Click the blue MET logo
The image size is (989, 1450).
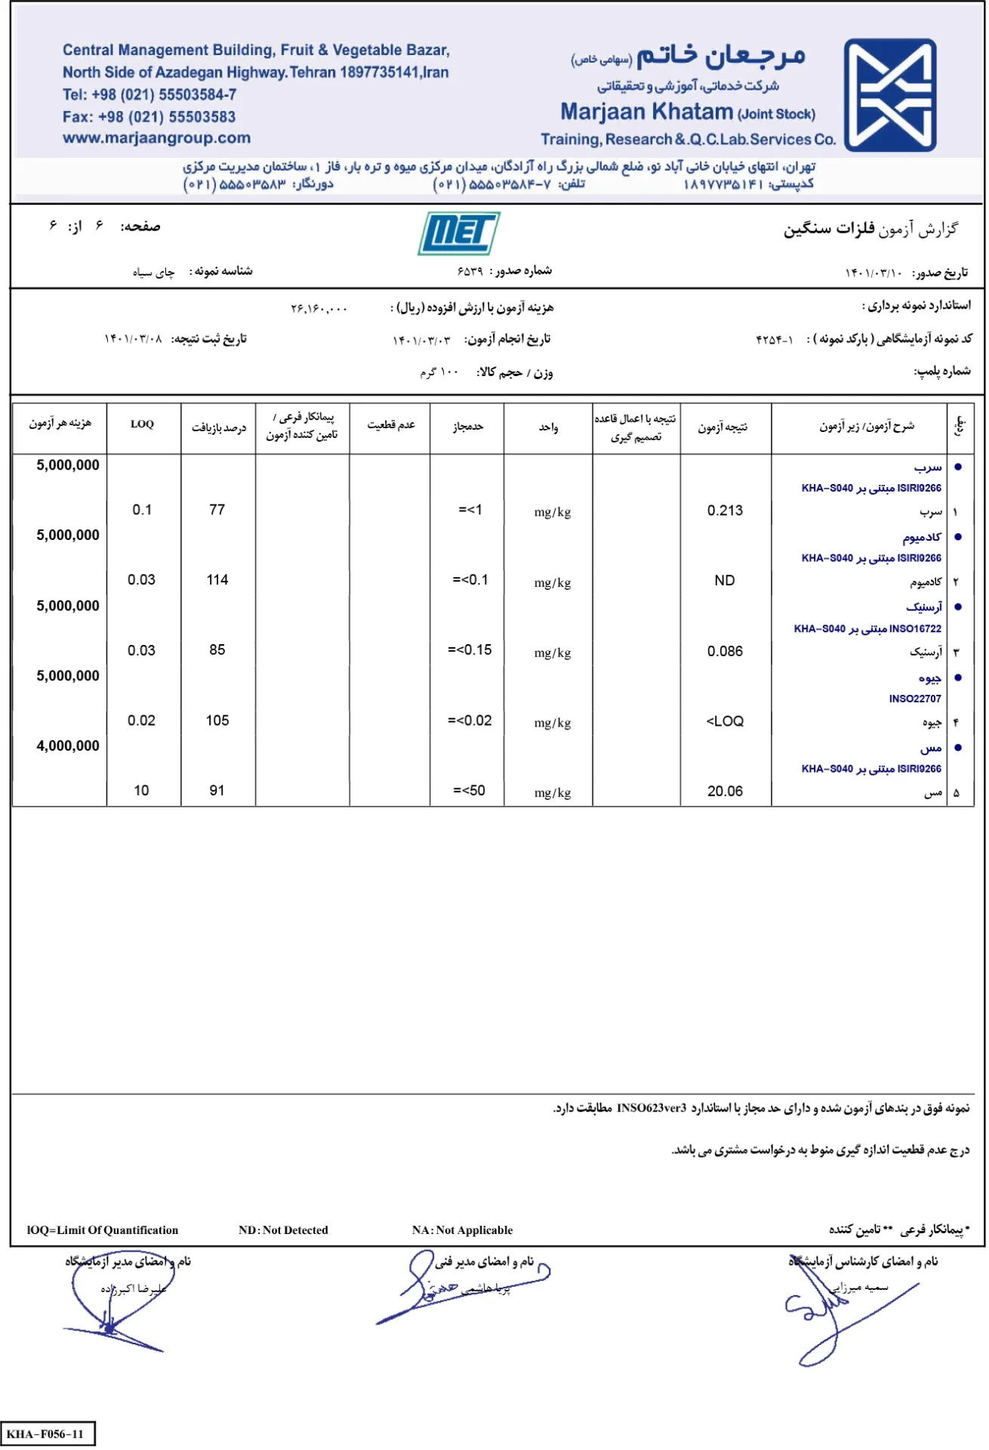click(x=458, y=233)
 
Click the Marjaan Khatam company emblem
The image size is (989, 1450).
click(x=890, y=95)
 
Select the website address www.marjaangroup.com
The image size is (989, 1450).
click(x=156, y=138)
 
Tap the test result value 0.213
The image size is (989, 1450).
click(x=725, y=511)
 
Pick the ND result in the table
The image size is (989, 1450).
click(x=724, y=581)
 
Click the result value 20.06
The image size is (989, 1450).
click(x=725, y=791)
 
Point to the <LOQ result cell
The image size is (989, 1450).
click(x=725, y=721)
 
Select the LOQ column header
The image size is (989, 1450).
click(x=142, y=424)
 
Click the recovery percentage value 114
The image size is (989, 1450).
click(x=217, y=580)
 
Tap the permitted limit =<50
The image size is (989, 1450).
click(x=469, y=791)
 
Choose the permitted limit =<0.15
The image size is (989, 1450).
click(x=470, y=650)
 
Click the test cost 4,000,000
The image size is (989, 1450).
click(x=68, y=746)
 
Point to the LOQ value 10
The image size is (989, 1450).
click(x=141, y=791)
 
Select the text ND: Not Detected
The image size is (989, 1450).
click(x=283, y=1230)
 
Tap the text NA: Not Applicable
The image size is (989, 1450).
click(x=462, y=1230)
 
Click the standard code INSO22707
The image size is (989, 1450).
click(x=914, y=699)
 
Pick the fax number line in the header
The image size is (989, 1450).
click(x=149, y=117)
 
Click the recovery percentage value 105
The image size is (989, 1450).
click(x=217, y=720)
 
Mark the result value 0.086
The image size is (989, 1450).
click(x=725, y=651)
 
